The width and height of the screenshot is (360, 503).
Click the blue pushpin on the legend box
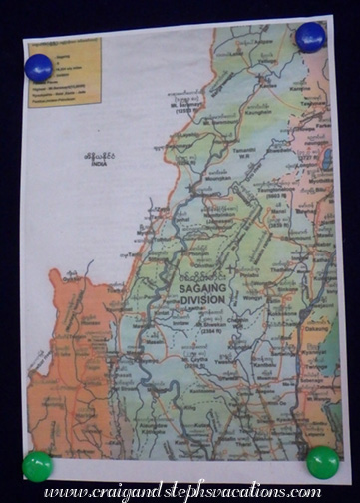pyautogui.click(x=39, y=68)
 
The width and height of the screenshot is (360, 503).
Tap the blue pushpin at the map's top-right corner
pyautogui.click(x=311, y=38)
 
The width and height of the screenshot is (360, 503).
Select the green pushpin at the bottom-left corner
pyautogui.click(x=38, y=465)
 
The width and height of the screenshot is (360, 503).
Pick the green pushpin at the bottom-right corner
pyautogui.click(x=322, y=462)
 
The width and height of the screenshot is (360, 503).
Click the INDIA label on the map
pyautogui.click(x=98, y=164)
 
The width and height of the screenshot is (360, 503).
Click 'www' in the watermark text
pyautogui.click(x=61, y=492)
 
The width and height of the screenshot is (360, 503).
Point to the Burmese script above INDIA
pyautogui.click(x=98, y=155)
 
